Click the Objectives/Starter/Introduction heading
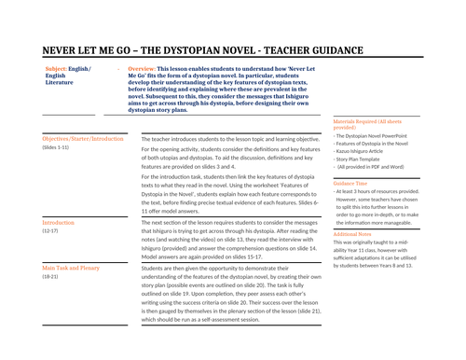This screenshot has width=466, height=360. tap(83, 138)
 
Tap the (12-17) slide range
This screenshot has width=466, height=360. tap(52, 232)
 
